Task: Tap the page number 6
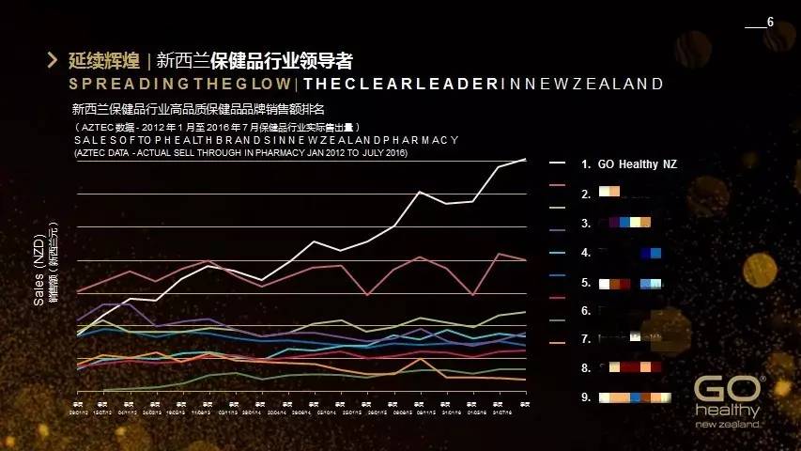(770, 22)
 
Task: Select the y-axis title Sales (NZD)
(39, 271)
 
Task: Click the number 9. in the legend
(586, 397)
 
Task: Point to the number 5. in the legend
(586, 282)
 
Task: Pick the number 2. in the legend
(586, 194)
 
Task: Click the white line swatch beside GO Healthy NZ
(558, 164)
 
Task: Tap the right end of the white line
(525, 160)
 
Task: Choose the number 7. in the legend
(586, 339)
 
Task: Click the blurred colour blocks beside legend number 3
(630, 224)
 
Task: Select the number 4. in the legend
(586, 253)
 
